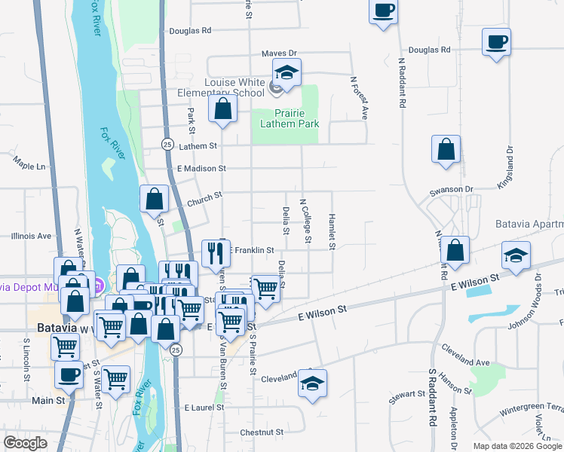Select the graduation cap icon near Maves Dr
[287, 73]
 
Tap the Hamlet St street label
[331, 231]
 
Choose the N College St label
[306, 221]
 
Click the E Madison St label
[201, 169]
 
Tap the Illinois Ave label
[31, 236]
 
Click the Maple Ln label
[29, 163]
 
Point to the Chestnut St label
[261, 432]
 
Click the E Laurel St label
[205, 408]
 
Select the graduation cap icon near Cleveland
[312, 383]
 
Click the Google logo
[25, 443]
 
